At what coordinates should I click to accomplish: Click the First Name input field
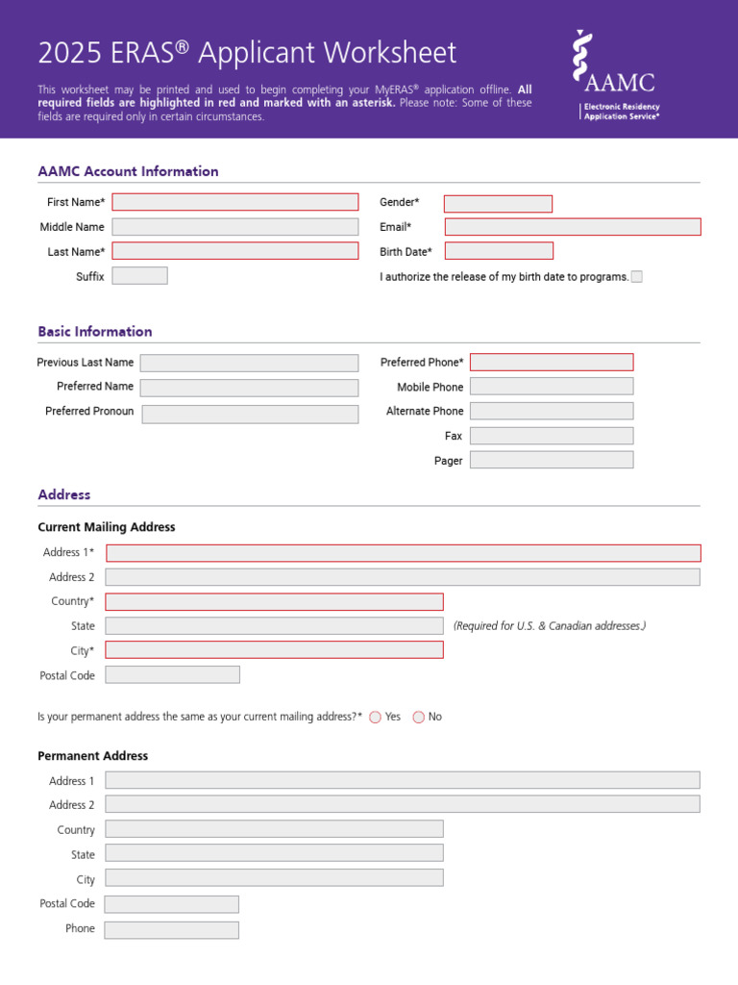pos(234,202)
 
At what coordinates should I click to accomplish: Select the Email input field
pos(573,227)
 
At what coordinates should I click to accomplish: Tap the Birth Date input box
pos(499,251)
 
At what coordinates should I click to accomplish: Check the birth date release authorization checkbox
pos(636,277)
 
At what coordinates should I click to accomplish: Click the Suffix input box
pos(139,276)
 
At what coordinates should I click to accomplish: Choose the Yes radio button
pos(375,717)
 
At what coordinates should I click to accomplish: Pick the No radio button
pos(418,717)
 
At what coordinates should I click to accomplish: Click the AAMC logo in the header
pos(615,75)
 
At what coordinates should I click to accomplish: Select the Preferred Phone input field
pos(552,363)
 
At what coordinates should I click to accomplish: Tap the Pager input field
pos(552,460)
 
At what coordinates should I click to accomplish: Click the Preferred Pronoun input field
pos(250,414)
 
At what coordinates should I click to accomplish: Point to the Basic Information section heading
pos(95,332)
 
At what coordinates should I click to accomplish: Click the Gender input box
pos(498,204)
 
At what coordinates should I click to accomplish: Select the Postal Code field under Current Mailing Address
pos(172,675)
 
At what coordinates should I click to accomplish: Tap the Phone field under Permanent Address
pos(171,930)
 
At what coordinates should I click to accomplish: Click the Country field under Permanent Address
pos(274,829)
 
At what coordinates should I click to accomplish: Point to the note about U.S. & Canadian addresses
pos(550,626)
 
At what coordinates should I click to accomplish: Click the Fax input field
pos(552,436)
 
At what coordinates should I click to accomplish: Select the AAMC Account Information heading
pos(128,171)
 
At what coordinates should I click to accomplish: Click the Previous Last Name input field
pos(249,363)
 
